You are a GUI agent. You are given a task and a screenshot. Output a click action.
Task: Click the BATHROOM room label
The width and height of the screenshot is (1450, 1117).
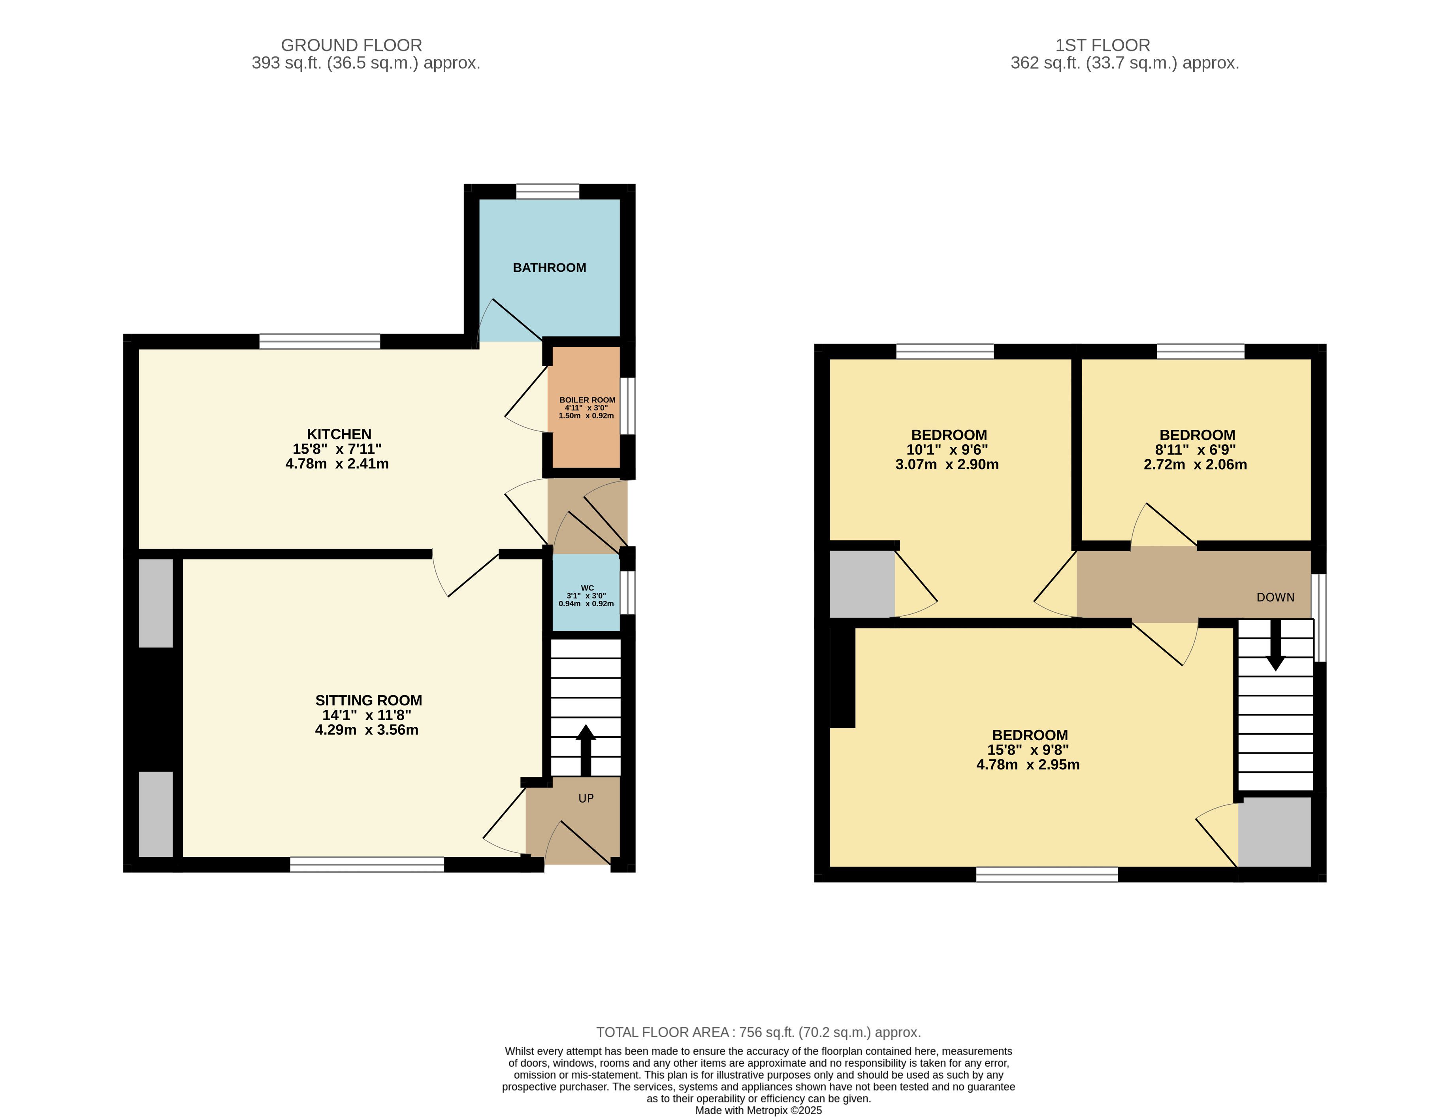click(549, 267)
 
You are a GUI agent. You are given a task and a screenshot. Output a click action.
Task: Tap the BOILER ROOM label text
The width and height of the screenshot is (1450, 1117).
click(587, 400)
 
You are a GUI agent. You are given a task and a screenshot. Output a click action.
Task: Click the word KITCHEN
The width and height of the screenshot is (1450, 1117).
click(339, 434)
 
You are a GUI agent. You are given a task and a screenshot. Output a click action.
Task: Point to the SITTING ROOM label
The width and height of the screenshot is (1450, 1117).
click(369, 700)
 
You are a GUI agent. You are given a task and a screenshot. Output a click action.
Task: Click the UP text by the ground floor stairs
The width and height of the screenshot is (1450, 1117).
click(586, 798)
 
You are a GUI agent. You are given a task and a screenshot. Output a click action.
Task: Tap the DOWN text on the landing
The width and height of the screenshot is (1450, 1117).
click(1275, 597)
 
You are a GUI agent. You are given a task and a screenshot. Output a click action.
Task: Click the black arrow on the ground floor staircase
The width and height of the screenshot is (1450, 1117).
click(586, 750)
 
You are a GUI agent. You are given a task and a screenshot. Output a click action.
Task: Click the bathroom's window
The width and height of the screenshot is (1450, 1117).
click(548, 192)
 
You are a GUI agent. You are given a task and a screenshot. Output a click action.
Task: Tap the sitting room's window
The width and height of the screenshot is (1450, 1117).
click(367, 865)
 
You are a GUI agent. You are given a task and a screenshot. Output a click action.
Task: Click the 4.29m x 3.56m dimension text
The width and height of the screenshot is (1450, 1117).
click(367, 730)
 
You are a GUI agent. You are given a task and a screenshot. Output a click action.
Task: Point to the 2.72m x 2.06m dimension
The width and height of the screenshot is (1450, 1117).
click(1195, 464)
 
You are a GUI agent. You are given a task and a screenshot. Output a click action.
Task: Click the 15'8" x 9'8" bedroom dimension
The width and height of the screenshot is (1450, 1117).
click(1028, 750)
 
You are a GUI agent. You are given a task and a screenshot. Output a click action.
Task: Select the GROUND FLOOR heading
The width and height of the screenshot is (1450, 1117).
click(351, 45)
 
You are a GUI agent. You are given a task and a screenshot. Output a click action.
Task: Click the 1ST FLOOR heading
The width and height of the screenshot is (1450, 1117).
click(1103, 45)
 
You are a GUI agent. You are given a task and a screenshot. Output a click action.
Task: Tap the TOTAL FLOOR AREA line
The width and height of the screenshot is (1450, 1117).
click(758, 1032)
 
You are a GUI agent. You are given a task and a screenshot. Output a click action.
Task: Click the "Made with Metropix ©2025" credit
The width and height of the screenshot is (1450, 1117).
click(758, 1110)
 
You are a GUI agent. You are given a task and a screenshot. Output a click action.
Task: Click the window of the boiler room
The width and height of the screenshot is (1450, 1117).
click(627, 406)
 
